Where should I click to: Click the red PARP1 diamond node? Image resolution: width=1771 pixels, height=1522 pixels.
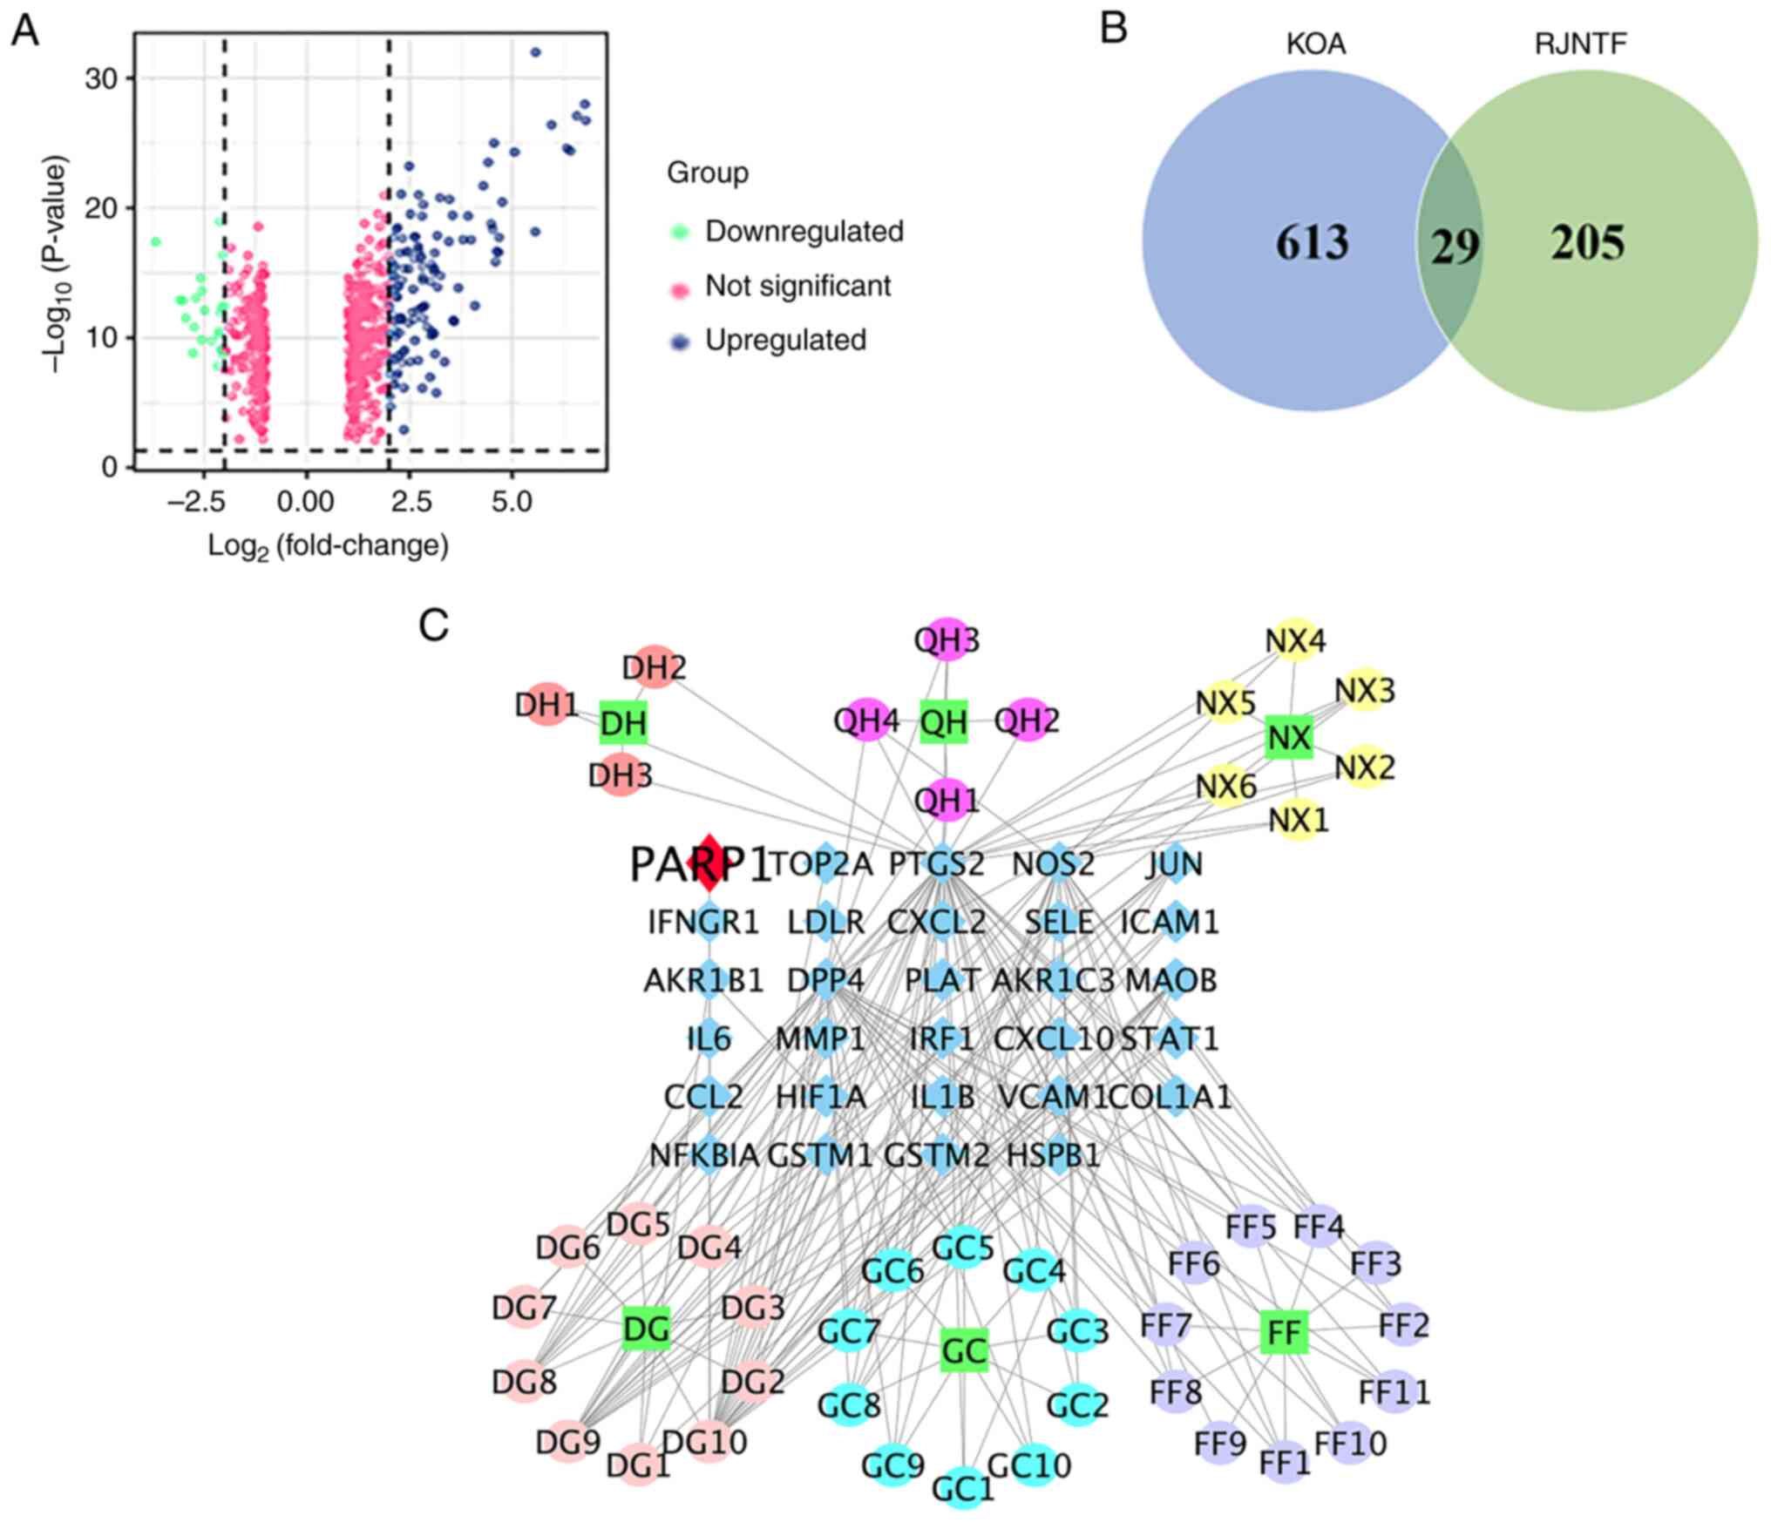[x=709, y=862]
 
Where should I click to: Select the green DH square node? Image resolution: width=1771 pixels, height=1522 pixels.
[x=624, y=722]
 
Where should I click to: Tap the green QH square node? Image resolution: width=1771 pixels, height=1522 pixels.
[x=944, y=721]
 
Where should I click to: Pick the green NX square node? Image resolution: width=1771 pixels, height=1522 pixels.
[x=1289, y=737]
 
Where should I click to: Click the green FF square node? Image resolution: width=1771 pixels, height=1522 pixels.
[x=1285, y=1332]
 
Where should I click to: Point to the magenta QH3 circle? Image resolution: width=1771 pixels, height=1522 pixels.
[x=947, y=640]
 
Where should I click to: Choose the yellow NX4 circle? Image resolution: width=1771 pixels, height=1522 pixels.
[x=1295, y=641]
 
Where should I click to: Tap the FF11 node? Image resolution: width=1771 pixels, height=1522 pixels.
[x=1394, y=1391]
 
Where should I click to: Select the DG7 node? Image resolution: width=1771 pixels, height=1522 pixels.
[x=524, y=1307]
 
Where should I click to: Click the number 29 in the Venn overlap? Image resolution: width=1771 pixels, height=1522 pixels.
[x=1455, y=247]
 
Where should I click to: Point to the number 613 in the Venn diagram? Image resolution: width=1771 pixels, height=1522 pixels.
[x=1312, y=243]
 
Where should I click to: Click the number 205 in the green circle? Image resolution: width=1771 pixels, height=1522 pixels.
[x=1587, y=243]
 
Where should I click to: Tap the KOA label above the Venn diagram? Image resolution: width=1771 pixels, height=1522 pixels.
[x=1316, y=44]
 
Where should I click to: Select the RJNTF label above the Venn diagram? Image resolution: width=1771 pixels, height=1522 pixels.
[x=1580, y=44]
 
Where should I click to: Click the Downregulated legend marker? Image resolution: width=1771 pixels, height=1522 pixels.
[x=681, y=232]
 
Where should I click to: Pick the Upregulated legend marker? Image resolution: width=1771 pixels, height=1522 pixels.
[x=681, y=341]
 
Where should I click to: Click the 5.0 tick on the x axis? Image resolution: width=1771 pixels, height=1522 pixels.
[x=512, y=502]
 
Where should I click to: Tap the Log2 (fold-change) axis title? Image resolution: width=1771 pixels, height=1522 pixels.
[x=328, y=546]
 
